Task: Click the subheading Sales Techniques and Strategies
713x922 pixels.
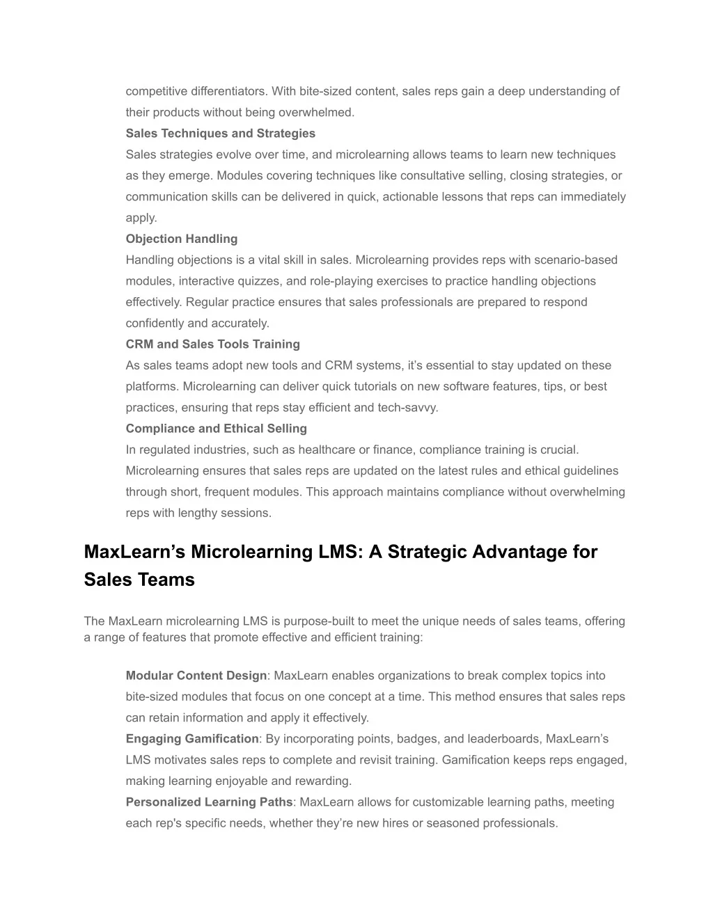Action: [220, 134]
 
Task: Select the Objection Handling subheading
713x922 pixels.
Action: [181, 239]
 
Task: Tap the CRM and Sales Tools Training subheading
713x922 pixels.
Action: [212, 344]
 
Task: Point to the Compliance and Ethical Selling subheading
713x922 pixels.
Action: [216, 429]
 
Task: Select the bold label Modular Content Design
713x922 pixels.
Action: [196, 676]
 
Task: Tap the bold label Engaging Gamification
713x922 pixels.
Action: [191, 739]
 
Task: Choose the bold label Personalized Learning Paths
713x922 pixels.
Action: [209, 802]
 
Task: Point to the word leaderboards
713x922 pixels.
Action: [504, 739]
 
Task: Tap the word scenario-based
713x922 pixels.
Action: [576, 260]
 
